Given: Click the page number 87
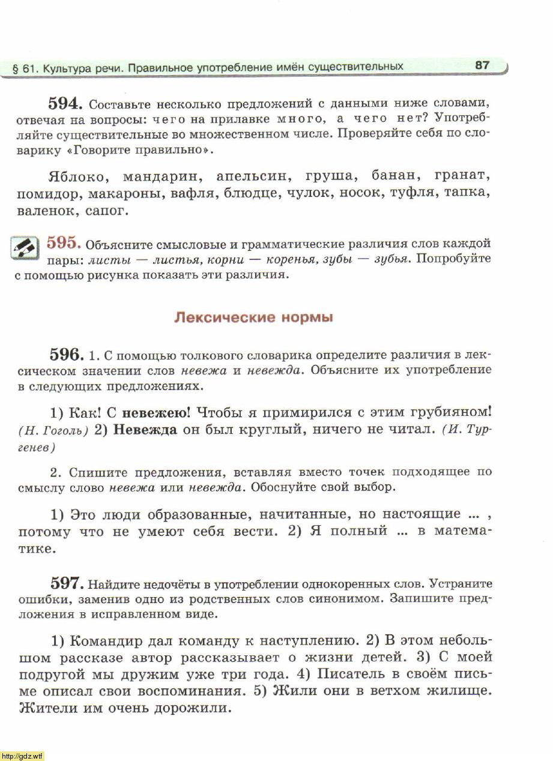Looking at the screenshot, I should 482,65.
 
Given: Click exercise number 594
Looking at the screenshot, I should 69,103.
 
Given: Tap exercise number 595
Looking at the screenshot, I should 64,242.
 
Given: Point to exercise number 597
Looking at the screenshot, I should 66,582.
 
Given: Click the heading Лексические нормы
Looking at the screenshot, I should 253,317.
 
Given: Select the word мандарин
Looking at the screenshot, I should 162,177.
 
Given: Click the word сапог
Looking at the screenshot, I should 107,212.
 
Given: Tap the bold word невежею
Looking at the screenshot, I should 156,413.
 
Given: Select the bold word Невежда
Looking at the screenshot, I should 145,430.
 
